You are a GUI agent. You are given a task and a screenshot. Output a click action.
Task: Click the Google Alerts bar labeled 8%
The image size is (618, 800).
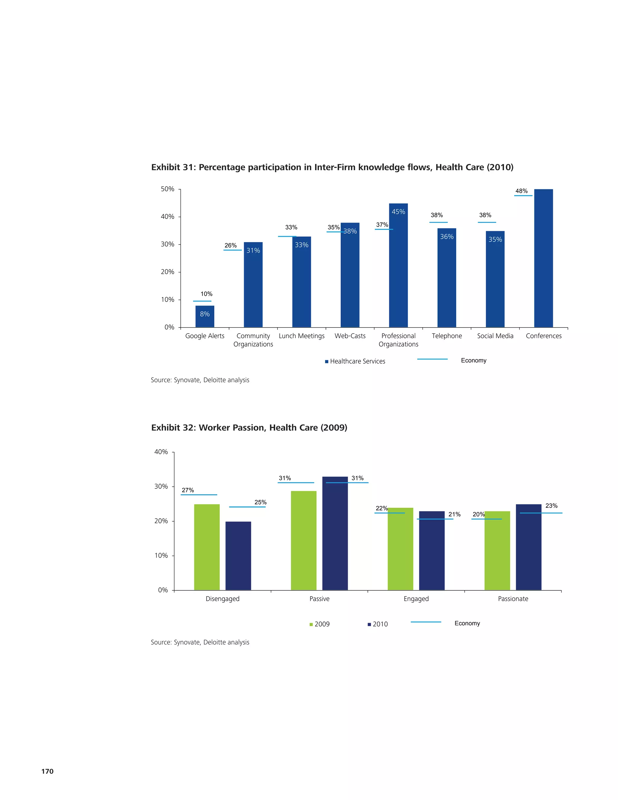pyautogui.click(x=205, y=316)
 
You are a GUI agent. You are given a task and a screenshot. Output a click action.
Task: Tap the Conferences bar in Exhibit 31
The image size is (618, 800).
pyautogui.click(x=543, y=258)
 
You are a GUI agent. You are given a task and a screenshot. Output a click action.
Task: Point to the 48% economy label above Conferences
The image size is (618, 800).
pyautogui.click(x=521, y=191)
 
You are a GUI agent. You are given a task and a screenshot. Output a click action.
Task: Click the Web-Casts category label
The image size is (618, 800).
pyautogui.click(x=350, y=336)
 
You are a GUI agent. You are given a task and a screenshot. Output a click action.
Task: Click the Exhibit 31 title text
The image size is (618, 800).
pyautogui.click(x=332, y=168)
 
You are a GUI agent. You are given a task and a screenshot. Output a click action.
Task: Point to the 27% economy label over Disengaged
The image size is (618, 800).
pyautogui.click(x=188, y=490)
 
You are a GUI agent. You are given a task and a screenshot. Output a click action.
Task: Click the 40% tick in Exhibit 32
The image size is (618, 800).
pyautogui.click(x=161, y=452)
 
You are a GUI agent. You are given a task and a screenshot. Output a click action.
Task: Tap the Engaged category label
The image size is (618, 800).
pyautogui.click(x=416, y=599)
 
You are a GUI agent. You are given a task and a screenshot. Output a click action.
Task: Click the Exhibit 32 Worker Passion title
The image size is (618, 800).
pyautogui.click(x=249, y=428)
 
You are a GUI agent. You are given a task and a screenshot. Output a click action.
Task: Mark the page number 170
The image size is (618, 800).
pyautogui.click(x=47, y=771)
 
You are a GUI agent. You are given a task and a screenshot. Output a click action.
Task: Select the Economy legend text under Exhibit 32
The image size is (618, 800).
pyautogui.click(x=467, y=623)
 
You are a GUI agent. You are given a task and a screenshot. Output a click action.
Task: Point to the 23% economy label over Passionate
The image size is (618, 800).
pyautogui.click(x=551, y=506)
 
